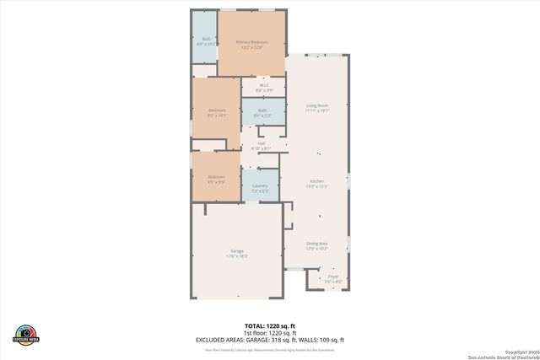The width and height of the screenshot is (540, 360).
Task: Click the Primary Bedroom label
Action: pos(251,42)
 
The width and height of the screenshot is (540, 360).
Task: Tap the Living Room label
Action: pos(316,105)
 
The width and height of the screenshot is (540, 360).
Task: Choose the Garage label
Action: pos(237,251)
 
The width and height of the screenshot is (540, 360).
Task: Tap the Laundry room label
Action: pos(260,188)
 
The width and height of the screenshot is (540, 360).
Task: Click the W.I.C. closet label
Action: pos(263,85)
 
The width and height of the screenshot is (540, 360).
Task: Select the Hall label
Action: pos(262,143)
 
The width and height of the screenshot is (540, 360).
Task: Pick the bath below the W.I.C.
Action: pos(262,112)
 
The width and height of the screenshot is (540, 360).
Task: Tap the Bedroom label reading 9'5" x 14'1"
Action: pos(217,115)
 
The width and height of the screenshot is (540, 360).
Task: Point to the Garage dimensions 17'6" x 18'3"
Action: pos(237,256)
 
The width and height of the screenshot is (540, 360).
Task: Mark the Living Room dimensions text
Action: pos(316,110)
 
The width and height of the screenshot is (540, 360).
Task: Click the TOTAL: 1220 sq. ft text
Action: pos(270,325)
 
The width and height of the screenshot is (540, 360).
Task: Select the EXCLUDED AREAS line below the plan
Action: pos(270,339)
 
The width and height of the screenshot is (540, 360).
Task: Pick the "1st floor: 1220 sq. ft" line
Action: pos(270,332)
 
